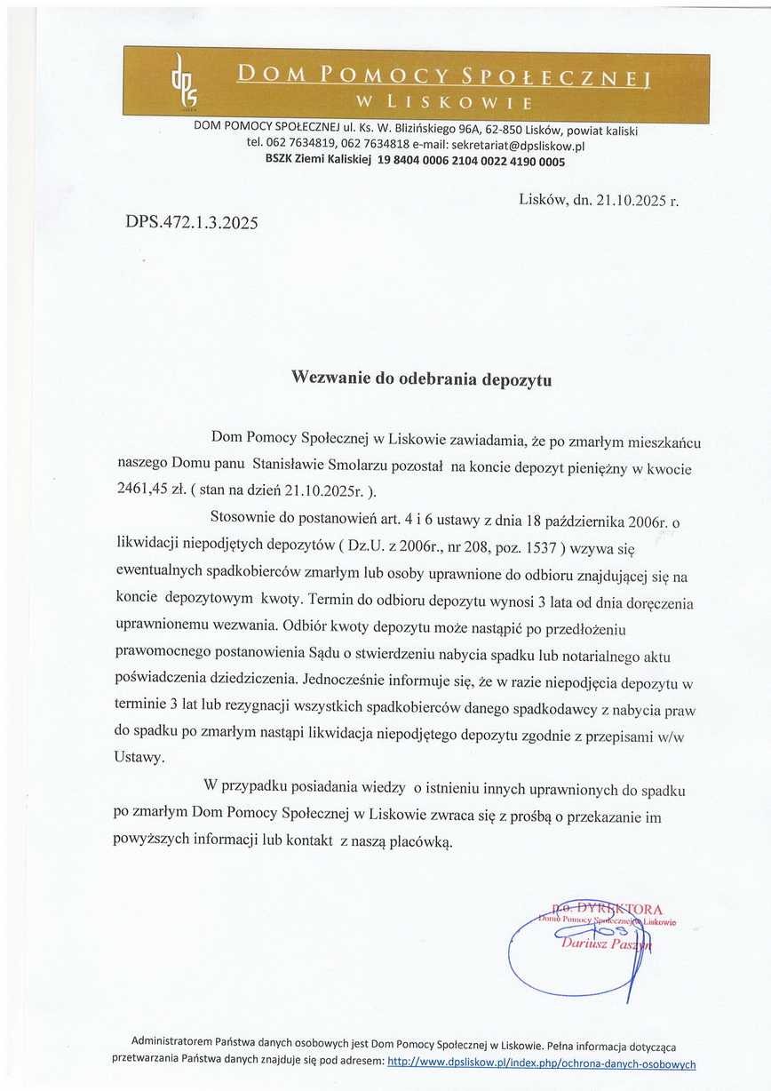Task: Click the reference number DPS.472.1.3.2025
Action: tap(192, 223)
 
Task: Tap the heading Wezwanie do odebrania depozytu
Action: tap(422, 378)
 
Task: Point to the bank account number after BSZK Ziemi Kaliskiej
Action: tap(472, 162)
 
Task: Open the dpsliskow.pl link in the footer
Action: tap(542, 1063)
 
